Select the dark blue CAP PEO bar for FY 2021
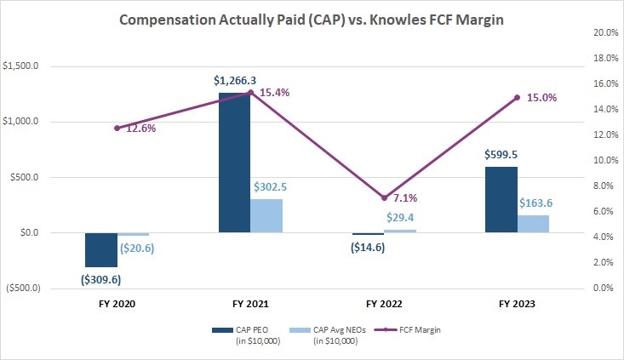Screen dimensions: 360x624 (234, 162)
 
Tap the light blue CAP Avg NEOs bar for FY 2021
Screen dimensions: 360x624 (266, 215)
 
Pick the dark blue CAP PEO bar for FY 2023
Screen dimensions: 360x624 (501, 199)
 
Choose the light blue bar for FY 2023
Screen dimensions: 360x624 (533, 223)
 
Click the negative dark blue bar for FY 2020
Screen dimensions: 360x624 (101, 249)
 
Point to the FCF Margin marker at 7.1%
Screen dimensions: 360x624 (385, 197)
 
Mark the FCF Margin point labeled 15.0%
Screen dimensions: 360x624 (517, 97)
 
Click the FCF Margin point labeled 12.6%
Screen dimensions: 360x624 (117, 128)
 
